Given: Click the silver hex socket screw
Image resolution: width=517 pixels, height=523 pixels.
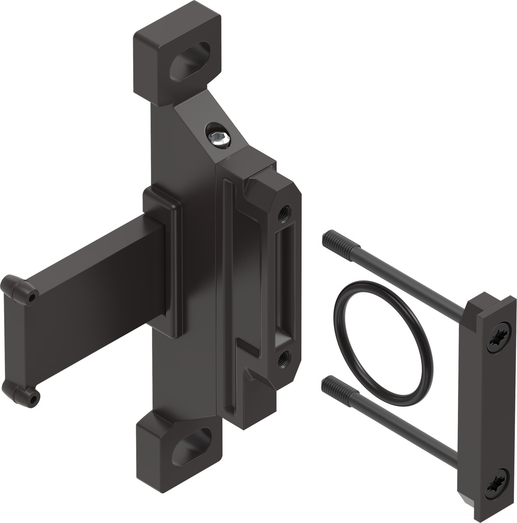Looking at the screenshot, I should coord(218,136).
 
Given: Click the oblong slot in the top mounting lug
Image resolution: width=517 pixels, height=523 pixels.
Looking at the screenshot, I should coord(190,61).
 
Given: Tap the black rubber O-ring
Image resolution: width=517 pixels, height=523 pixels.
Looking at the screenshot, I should coord(383,343).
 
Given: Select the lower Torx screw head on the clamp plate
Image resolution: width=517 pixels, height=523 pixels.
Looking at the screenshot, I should coord(496,483).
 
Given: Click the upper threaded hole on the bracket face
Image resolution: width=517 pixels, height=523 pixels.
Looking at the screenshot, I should coord(284,212).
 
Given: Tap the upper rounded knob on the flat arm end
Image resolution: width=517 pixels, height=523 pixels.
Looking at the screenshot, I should coord(20,289).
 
